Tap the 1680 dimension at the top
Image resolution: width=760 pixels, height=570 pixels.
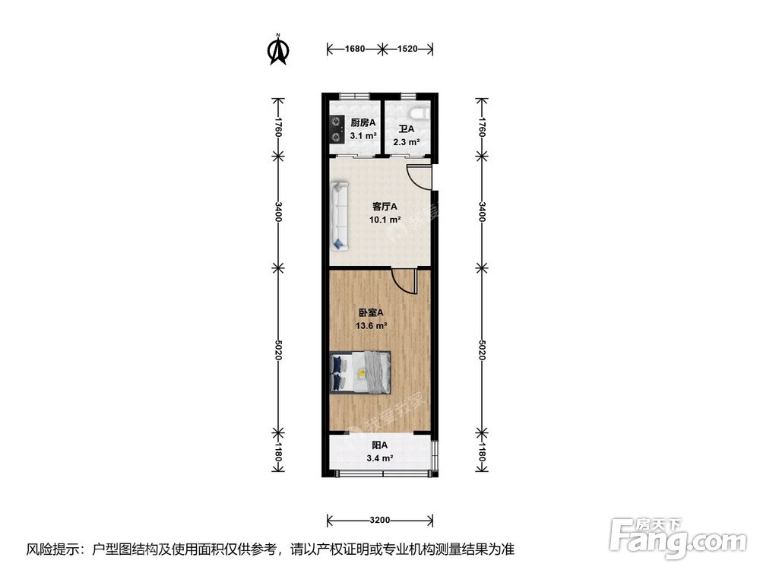click(x=354, y=49)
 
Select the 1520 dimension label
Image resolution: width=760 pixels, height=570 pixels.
click(x=407, y=49)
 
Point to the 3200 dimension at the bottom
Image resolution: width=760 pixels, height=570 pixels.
click(x=380, y=521)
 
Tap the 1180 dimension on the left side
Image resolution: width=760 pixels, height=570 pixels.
click(x=279, y=455)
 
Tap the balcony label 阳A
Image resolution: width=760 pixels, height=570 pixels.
click(x=380, y=445)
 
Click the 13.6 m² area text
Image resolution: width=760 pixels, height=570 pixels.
click(x=372, y=326)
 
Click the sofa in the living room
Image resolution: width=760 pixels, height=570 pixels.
click(x=340, y=216)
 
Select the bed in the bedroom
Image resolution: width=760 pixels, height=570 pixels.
click(x=361, y=372)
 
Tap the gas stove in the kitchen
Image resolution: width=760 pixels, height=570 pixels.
click(x=335, y=129)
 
